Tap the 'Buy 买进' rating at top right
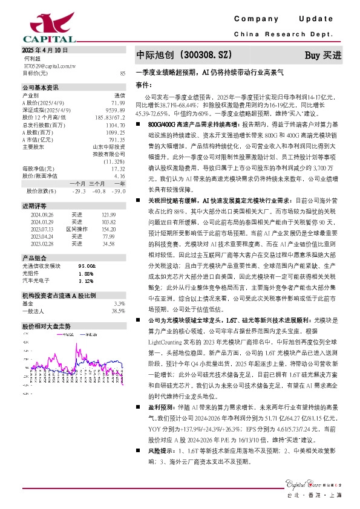tap(323, 55)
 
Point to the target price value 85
tap(123, 73)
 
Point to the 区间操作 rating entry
tap(77, 230)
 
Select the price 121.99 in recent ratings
tap(108, 215)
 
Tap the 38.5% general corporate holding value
tap(118, 310)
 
